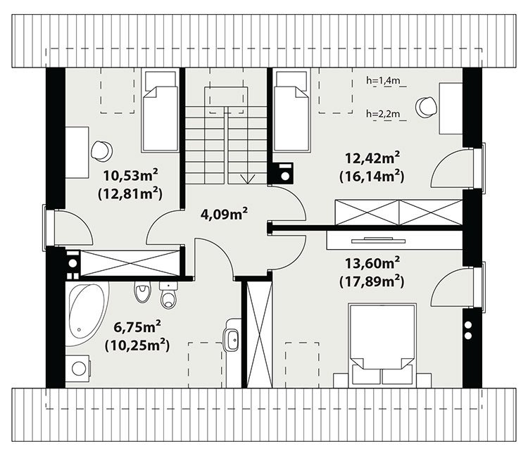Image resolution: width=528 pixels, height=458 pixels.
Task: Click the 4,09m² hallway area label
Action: pos(225,214)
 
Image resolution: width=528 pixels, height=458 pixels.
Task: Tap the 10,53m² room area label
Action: pos(130,175)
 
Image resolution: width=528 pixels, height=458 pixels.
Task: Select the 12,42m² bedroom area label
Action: pos(372,158)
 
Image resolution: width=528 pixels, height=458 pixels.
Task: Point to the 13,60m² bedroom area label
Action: pos(372,262)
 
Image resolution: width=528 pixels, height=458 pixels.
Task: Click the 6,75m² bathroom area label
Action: pos(137,326)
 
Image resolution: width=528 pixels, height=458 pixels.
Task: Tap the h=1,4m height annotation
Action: pos(383,80)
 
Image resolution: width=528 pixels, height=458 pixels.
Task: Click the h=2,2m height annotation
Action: pos(383,114)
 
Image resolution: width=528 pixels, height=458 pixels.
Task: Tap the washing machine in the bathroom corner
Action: pos(77,368)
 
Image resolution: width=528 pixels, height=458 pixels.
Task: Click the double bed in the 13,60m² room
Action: pos(381,345)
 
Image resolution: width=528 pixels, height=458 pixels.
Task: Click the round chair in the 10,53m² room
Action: pos(101,150)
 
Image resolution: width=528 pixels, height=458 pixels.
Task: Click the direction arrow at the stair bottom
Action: pos(249,179)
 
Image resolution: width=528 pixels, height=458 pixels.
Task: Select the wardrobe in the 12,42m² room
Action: pos(399,212)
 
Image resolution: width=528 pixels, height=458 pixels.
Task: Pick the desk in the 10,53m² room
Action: pos(77,153)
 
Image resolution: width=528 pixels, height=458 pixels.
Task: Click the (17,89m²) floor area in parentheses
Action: pos(372,281)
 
